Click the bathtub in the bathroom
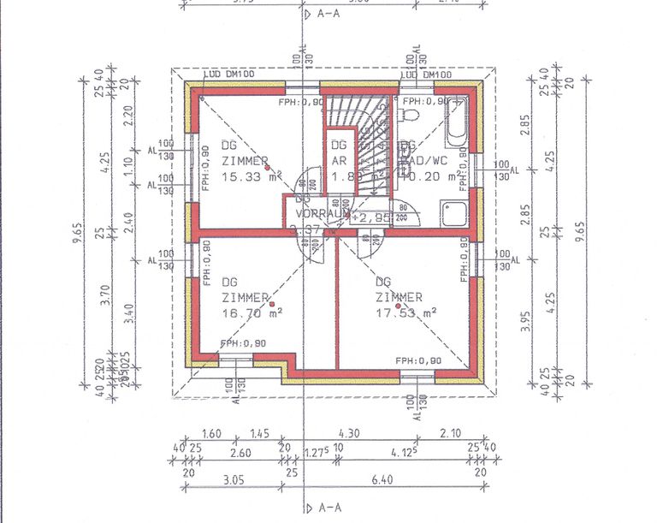(x=457, y=128)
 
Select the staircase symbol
(x=364, y=146)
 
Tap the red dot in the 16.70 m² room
(x=270, y=303)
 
